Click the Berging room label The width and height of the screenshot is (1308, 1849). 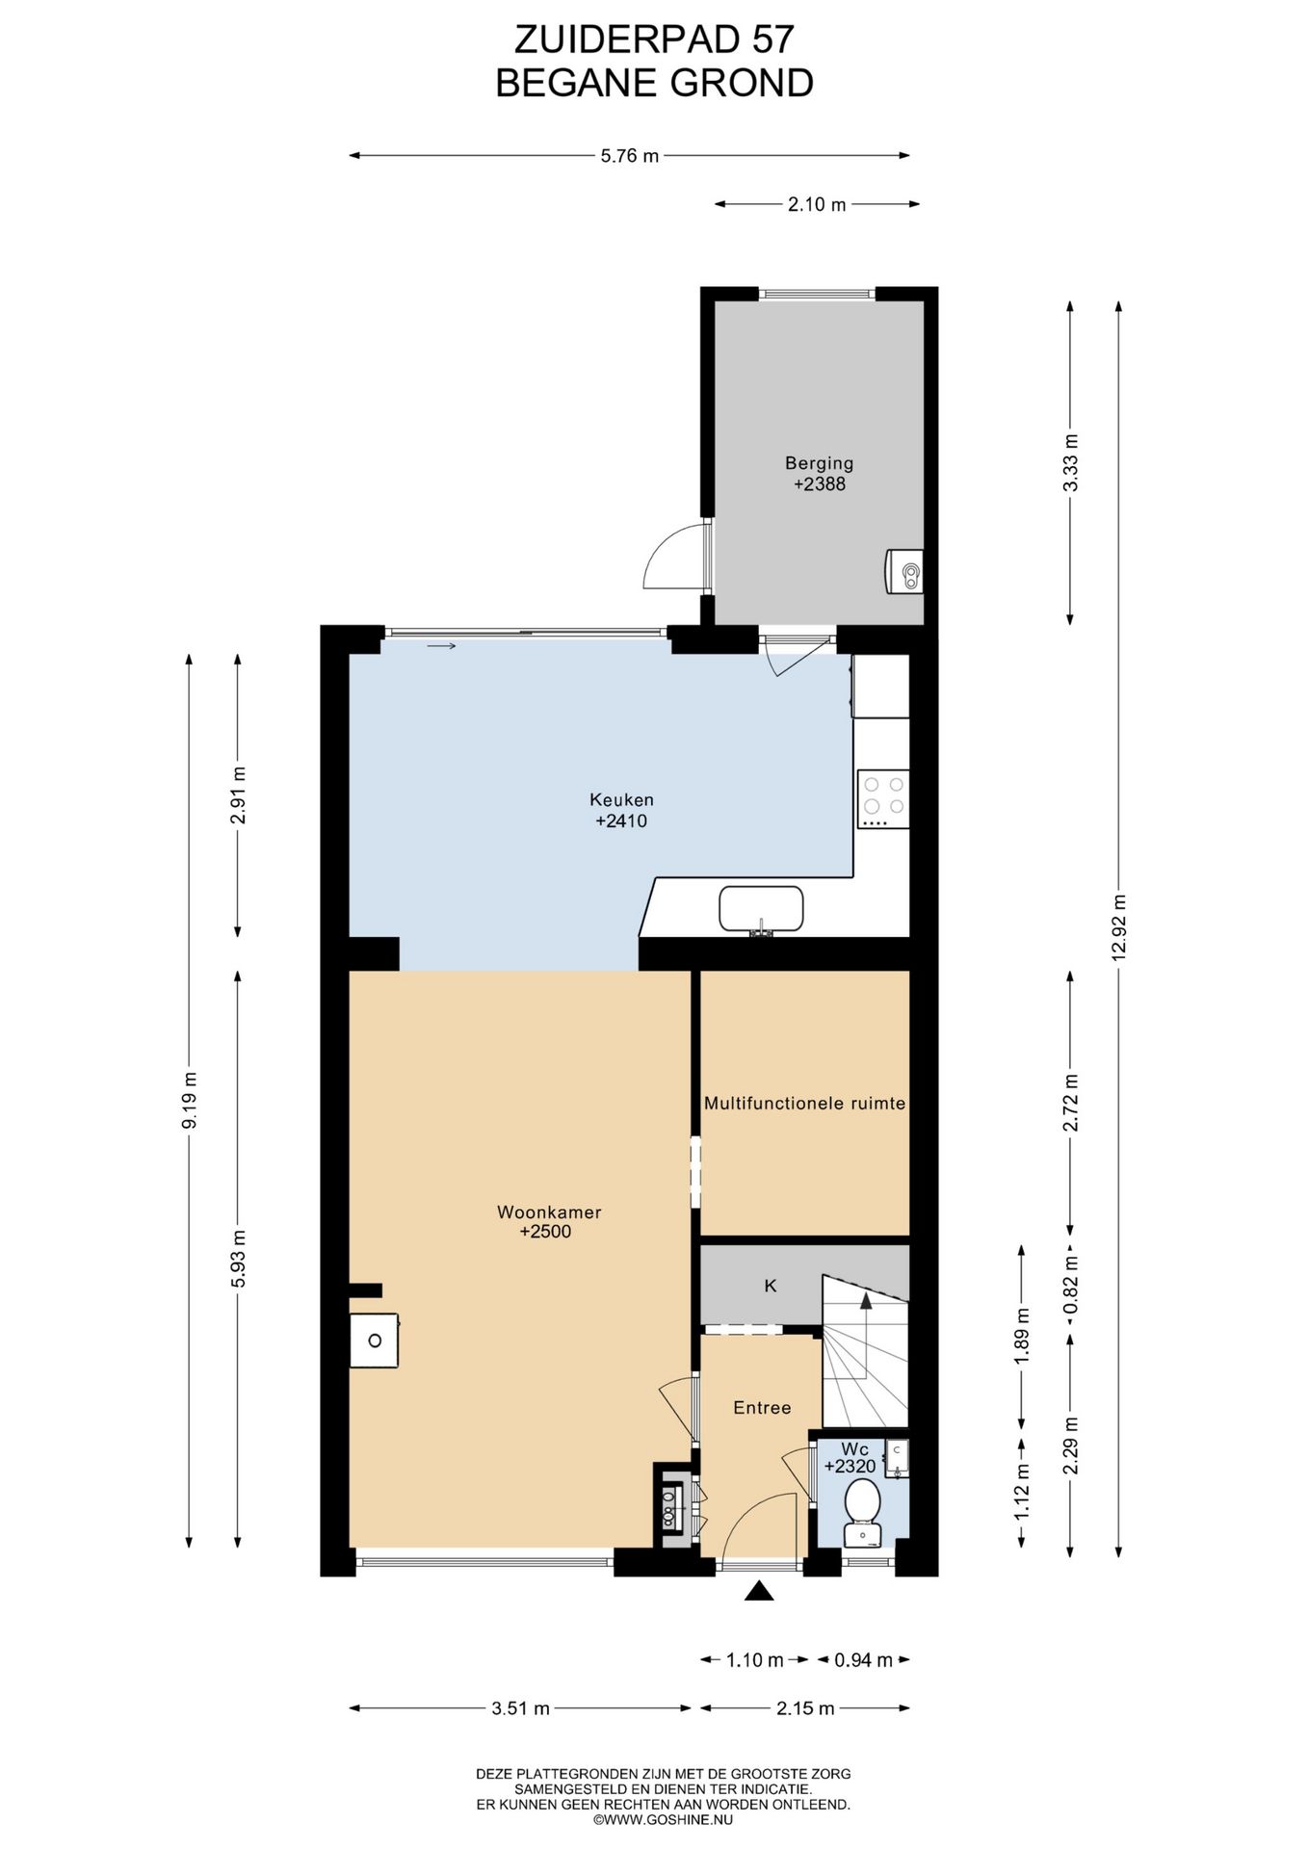pyautogui.click(x=819, y=463)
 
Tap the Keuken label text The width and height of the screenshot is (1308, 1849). pyautogui.click(x=621, y=799)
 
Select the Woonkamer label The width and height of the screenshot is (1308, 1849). pyautogui.click(x=549, y=1212)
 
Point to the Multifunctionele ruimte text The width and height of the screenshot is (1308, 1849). pyautogui.click(x=804, y=1104)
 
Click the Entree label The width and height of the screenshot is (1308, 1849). pyautogui.click(x=762, y=1408)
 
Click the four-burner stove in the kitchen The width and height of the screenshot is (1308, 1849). pyautogui.click(x=883, y=799)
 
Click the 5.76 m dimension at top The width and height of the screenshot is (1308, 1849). pyautogui.click(x=630, y=155)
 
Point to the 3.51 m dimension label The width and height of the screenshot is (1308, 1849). pyautogui.click(x=520, y=1708)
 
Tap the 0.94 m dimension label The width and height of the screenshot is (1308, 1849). pyautogui.click(x=863, y=1659)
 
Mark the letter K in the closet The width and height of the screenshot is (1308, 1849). pyautogui.click(x=771, y=1285)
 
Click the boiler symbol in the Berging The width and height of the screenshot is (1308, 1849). pyautogui.click(x=904, y=571)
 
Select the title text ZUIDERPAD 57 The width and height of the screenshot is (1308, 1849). pyautogui.click(x=654, y=39)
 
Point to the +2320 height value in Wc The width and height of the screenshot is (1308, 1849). pyautogui.click(x=850, y=1467)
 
